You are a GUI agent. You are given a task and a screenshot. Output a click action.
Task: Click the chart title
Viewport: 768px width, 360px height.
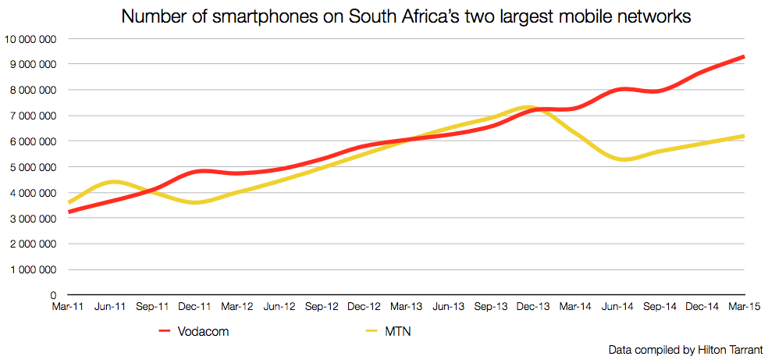(x=406, y=16)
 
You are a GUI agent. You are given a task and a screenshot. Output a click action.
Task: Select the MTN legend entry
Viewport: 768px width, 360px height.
(x=398, y=332)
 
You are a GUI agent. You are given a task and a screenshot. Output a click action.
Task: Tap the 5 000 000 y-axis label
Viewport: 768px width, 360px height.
(x=32, y=167)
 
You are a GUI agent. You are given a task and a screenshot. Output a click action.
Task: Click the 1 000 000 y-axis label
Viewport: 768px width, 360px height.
(x=32, y=270)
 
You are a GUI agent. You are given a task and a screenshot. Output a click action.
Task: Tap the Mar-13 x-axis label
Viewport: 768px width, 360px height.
(x=407, y=308)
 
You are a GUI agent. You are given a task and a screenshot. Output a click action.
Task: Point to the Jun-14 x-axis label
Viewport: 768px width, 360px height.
(x=618, y=308)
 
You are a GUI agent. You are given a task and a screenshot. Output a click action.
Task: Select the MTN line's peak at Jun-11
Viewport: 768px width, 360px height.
(x=112, y=181)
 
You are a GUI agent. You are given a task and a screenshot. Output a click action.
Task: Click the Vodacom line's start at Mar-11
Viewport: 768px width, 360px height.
(x=69, y=212)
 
